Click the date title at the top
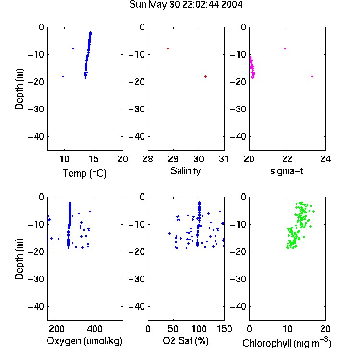pyautogui.click(x=185, y=5)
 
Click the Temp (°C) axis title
pyautogui.click(x=84, y=173)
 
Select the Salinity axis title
pyautogui.click(x=185, y=171)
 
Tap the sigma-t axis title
pyautogui.click(x=287, y=171)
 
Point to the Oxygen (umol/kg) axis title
pyautogui.click(x=84, y=341)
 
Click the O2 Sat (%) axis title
pyautogui.click(x=186, y=341)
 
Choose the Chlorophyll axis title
pyautogui.click(x=287, y=343)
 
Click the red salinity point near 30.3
pyautogui.click(x=206, y=76)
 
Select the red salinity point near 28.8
pyautogui.click(x=168, y=48)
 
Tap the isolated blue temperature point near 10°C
pyautogui.click(x=63, y=76)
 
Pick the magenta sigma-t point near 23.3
pyautogui.click(x=312, y=76)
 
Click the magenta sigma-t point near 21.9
pyautogui.click(x=285, y=48)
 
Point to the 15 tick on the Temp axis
pyautogui.click(x=94, y=159)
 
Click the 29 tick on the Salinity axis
pyautogui.click(x=173, y=159)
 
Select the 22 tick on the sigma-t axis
pyautogui.click(x=288, y=159)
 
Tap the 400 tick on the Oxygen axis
pyautogui.click(x=95, y=329)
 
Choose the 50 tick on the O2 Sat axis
pyautogui.click(x=173, y=329)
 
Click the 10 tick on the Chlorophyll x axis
pyautogui.click(x=288, y=329)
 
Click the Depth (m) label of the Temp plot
pyautogui.click(x=19, y=89)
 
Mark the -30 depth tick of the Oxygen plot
pyautogui.click(x=36, y=279)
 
